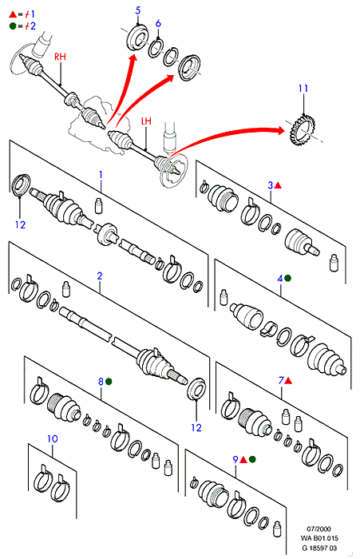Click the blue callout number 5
pyautogui.click(x=138, y=10)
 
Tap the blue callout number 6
pyautogui.click(x=158, y=23)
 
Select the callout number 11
pyautogui.click(x=303, y=88)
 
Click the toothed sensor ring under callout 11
pyautogui.click(x=303, y=130)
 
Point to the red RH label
pyautogui.click(x=60, y=57)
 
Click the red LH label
pyautogui.click(x=146, y=121)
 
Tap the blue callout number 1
pyautogui.click(x=101, y=175)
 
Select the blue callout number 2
pyautogui.click(x=100, y=276)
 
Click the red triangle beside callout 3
pyautogui.click(x=279, y=185)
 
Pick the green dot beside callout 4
pyautogui.click(x=287, y=278)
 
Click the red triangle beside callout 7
pyautogui.click(x=288, y=381)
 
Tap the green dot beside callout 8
pyautogui.click(x=109, y=382)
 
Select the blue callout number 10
pyautogui.click(x=53, y=438)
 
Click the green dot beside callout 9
pyautogui.click(x=252, y=459)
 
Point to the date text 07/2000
pyautogui.click(x=318, y=529)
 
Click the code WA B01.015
pyautogui.click(x=319, y=538)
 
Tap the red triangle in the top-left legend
pyautogui.click(x=13, y=14)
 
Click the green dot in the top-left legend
pyautogui.click(x=13, y=26)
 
